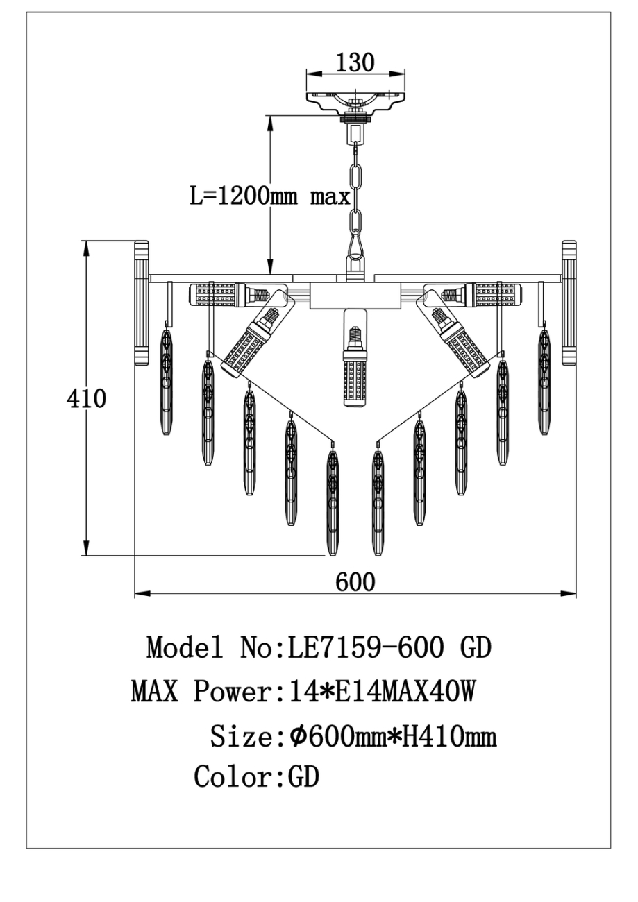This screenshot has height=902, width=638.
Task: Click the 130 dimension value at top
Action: (355, 62)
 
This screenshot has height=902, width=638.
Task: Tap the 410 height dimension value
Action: (87, 399)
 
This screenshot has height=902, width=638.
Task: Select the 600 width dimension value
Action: (355, 581)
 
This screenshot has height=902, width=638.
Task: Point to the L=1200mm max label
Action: (270, 196)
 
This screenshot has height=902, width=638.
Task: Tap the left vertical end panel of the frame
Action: (142, 303)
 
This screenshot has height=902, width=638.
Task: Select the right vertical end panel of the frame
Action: (569, 303)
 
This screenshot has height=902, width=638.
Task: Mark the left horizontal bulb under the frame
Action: (217, 294)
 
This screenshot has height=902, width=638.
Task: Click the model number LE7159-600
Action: (360, 647)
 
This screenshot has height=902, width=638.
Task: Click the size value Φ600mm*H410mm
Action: (392, 735)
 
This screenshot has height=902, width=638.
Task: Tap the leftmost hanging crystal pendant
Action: (166, 382)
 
